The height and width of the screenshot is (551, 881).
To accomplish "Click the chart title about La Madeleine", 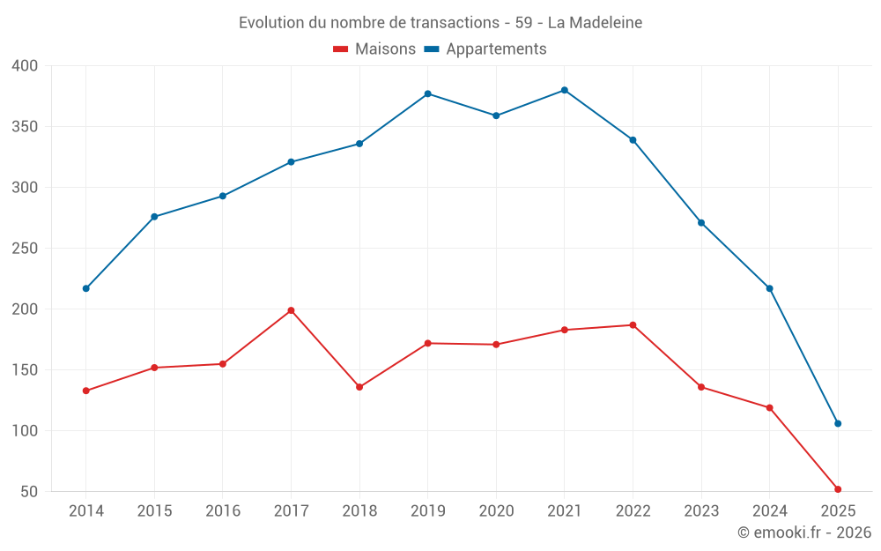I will (x=440, y=22).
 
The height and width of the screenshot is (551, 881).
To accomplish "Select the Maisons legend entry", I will (x=374, y=49).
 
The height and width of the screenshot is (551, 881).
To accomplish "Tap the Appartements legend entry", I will (x=485, y=49).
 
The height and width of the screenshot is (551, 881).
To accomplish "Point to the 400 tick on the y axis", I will (x=26, y=66).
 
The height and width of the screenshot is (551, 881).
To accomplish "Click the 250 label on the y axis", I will (x=26, y=249).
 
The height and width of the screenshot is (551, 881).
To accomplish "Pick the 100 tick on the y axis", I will (x=26, y=431).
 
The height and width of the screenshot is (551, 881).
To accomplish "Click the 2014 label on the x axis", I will (x=85, y=511).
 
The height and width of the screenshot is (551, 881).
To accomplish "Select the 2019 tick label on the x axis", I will (x=427, y=511).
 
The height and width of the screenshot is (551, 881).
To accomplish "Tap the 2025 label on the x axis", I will (x=838, y=511).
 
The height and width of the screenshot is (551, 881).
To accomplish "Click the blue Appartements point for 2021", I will (x=565, y=90).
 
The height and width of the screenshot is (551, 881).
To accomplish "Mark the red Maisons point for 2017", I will (x=291, y=310).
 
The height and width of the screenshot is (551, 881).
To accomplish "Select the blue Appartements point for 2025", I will (x=838, y=423).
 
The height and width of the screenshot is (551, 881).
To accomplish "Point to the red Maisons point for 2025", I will (x=838, y=489).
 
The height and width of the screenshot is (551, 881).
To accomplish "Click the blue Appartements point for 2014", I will (x=85, y=288).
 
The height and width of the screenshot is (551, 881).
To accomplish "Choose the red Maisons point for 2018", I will (x=359, y=387).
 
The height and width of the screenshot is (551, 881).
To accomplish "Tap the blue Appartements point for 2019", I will (x=427, y=93).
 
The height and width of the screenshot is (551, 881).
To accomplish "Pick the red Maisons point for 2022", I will (x=633, y=325).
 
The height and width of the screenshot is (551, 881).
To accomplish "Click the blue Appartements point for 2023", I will (x=701, y=223).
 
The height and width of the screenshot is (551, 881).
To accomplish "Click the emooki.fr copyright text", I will (x=804, y=532).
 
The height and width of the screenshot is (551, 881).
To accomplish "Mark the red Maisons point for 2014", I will (x=85, y=391).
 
